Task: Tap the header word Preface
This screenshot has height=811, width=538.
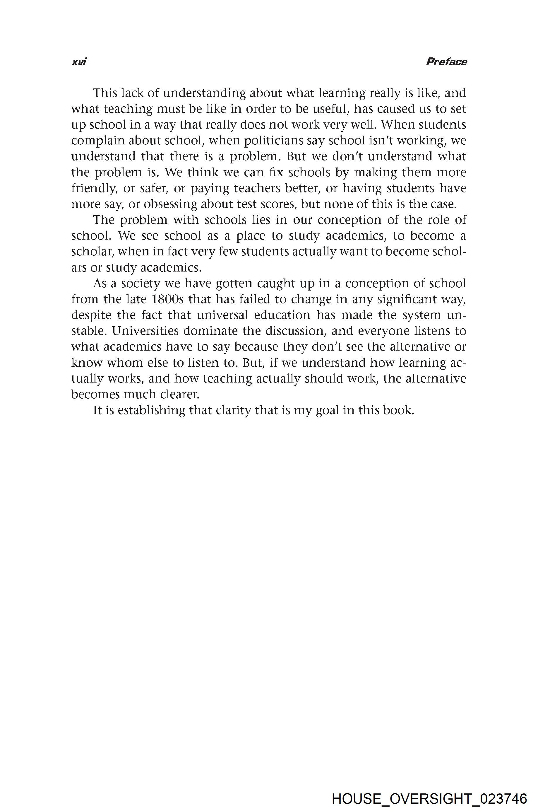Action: pyautogui.click(x=446, y=62)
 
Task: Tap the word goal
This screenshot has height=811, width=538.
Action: pyautogui.click(x=327, y=410)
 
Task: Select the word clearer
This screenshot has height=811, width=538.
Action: pyautogui.click(x=180, y=395)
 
